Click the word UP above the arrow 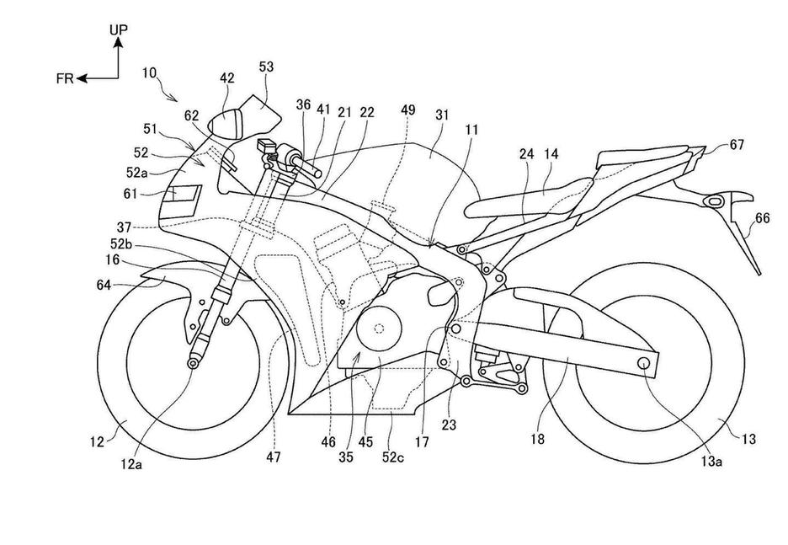[118, 30]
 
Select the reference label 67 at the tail [737, 145]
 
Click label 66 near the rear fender [762, 218]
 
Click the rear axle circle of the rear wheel [646, 363]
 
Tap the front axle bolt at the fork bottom [194, 362]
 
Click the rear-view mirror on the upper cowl [229, 123]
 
